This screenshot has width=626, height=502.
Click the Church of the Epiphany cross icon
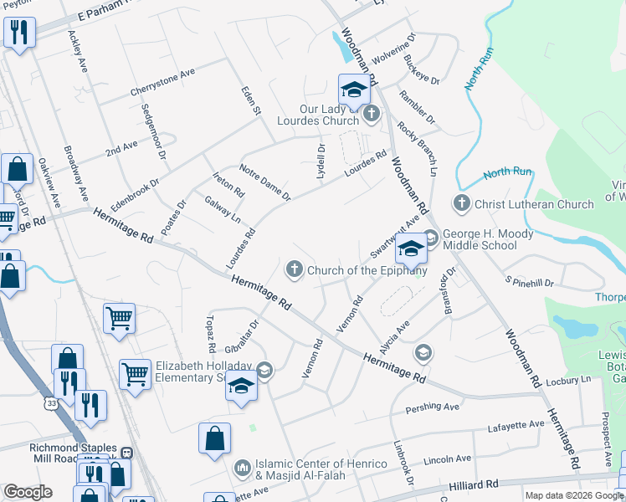294,269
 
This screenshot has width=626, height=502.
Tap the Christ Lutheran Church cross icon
461,202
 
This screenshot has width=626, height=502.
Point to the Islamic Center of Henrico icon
243,466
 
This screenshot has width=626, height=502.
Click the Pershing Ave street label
433,407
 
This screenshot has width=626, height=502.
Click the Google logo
28,492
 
